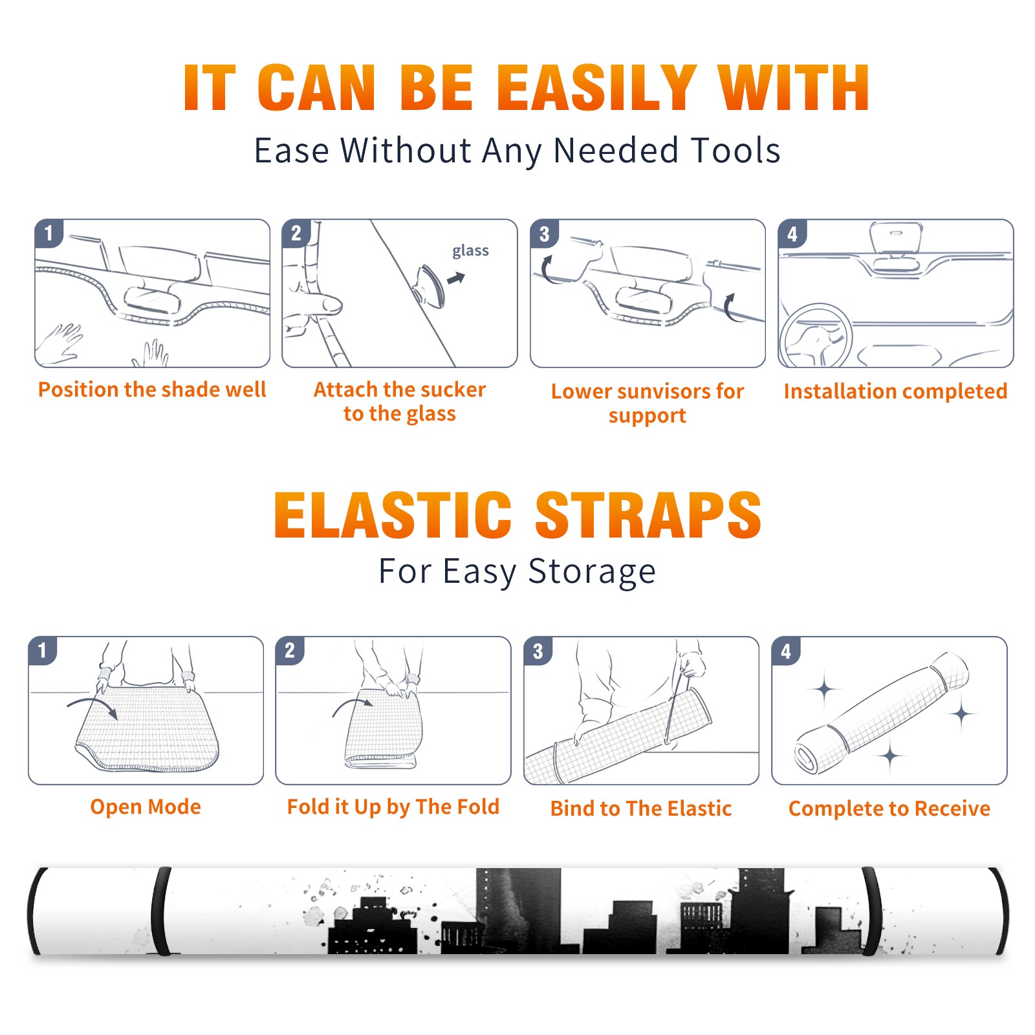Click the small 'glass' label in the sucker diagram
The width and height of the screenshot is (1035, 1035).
470,251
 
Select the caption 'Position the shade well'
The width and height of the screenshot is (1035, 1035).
152,389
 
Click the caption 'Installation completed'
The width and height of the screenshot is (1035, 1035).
895,391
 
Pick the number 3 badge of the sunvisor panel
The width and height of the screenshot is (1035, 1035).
544,234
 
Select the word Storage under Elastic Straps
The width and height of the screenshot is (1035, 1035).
592,572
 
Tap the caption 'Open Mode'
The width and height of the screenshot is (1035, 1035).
146,807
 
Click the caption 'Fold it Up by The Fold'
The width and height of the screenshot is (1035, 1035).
393,807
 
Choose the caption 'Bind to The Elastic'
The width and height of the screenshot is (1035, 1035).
641,809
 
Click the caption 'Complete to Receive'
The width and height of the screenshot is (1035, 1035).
889,809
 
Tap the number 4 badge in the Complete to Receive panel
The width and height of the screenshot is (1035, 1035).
786,651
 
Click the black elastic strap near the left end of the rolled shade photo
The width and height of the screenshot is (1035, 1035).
160,911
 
